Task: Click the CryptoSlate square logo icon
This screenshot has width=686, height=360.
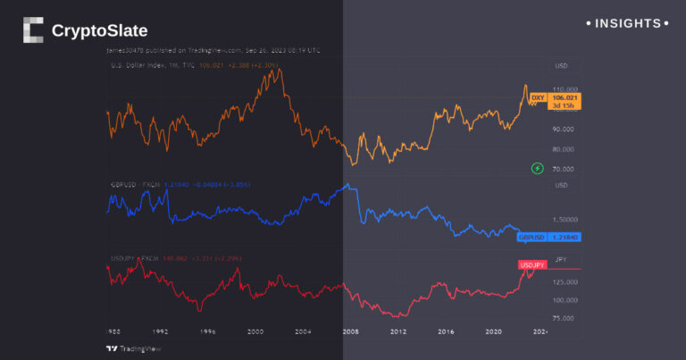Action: (33, 30)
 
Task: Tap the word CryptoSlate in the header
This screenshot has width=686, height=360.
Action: (99, 31)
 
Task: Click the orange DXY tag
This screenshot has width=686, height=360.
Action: (538, 96)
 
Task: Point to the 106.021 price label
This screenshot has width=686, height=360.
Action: (565, 96)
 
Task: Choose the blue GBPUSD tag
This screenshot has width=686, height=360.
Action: (531, 238)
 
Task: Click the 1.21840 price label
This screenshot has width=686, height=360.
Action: (565, 238)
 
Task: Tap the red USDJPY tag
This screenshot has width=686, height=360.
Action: (532, 265)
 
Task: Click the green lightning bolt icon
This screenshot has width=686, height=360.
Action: (538, 168)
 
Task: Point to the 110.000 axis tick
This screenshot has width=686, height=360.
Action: (563, 90)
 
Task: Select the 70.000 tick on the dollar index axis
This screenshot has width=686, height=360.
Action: (563, 169)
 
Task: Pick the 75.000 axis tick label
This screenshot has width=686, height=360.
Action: (564, 317)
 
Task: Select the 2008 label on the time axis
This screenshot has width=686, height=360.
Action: (350, 331)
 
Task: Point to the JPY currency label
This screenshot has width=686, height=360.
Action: (561, 259)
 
